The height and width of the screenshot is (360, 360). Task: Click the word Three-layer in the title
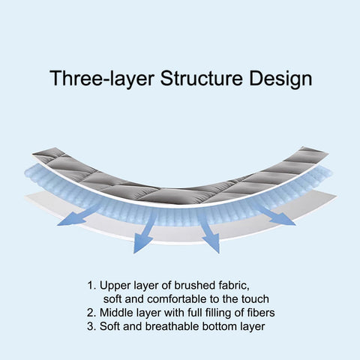point(101,78)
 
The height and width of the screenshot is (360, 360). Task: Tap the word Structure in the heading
point(202,78)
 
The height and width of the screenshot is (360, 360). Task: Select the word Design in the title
point(280,79)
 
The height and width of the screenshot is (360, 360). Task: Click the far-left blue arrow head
point(72,219)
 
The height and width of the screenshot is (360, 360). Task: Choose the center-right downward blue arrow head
point(212,242)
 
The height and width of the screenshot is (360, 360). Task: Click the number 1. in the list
point(91,286)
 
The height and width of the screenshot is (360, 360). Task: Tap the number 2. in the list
point(91,313)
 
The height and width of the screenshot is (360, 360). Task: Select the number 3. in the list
point(91,326)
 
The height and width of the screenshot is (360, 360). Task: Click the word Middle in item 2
point(115,313)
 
